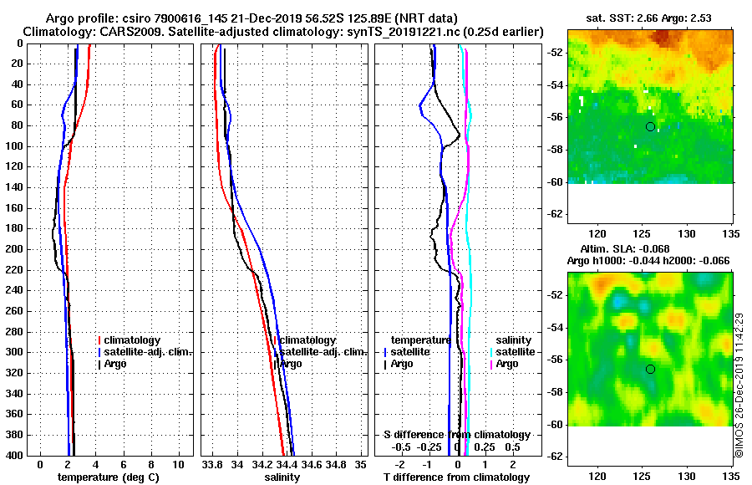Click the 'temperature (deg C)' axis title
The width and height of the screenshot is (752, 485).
(x=109, y=477)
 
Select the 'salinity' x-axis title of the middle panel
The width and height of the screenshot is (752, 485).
(x=282, y=477)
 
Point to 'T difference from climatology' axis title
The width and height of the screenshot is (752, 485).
(x=457, y=477)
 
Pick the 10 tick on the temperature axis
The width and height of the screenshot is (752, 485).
(x=178, y=464)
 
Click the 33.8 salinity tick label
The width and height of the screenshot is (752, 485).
(x=213, y=464)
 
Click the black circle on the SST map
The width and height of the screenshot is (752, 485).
(x=650, y=126)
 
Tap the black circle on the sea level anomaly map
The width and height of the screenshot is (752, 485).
(x=650, y=369)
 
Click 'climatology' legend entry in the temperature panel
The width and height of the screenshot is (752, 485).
(x=135, y=340)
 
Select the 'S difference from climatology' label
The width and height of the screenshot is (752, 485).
(x=457, y=435)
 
